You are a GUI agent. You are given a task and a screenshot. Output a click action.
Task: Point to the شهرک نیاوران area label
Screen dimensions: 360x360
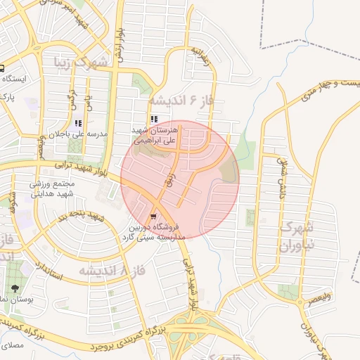[x=295, y=236]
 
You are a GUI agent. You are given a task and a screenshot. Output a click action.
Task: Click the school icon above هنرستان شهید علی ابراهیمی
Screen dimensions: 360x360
[x=154, y=120]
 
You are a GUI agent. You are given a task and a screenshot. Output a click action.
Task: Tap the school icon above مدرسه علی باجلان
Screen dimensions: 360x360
[x=87, y=122]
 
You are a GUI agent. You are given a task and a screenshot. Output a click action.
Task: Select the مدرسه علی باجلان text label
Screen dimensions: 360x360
[x=88, y=134]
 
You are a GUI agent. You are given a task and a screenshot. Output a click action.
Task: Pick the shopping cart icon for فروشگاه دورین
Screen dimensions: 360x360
[x=153, y=217]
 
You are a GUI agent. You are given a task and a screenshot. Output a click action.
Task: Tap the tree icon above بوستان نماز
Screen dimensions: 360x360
[x=15, y=288]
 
